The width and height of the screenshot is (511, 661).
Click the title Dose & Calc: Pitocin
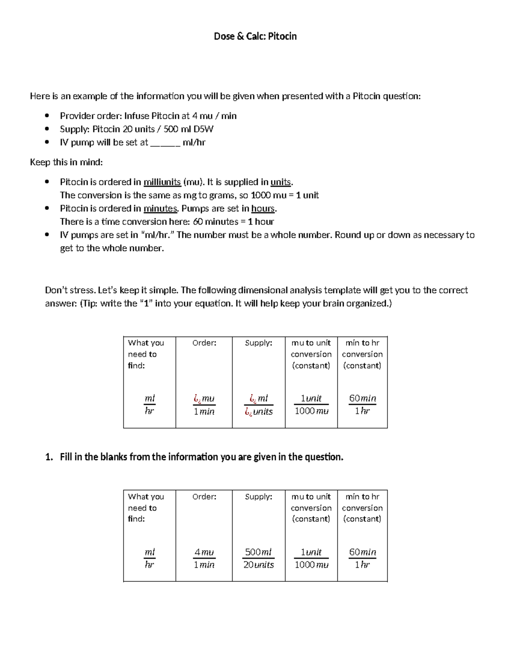(x=255, y=37)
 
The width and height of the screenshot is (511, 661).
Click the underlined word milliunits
(x=162, y=182)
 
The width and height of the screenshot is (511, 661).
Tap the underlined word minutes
(x=160, y=209)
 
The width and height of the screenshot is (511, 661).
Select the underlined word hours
(x=263, y=209)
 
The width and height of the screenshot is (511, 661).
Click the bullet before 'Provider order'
(x=47, y=116)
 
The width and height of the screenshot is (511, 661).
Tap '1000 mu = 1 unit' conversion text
(x=284, y=195)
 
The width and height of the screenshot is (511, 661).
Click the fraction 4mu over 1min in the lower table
(x=204, y=558)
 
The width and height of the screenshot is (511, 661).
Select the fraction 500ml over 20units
(x=258, y=558)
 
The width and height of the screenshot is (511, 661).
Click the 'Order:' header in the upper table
(x=204, y=343)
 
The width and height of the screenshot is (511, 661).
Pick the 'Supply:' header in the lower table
(x=258, y=497)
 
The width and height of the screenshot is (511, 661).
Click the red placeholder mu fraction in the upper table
(x=204, y=404)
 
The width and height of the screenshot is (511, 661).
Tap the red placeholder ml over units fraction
(x=258, y=404)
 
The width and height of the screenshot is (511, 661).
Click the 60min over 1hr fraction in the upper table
(x=362, y=404)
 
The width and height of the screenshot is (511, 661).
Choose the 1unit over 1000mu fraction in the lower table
(x=311, y=558)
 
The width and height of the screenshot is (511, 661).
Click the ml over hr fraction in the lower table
(x=149, y=558)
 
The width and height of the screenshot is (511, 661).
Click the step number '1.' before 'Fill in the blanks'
(x=49, y=457)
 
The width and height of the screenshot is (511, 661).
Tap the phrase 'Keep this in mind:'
(x=66, y=163)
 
